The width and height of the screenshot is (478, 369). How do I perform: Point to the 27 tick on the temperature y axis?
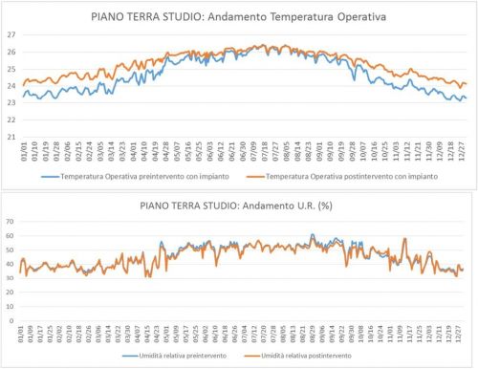pos(11,34)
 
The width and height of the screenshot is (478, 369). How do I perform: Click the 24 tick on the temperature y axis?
pos(11,86)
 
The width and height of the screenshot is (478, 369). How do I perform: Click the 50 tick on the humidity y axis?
pos(11,244)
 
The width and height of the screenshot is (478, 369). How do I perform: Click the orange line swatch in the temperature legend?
pos(236,176)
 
